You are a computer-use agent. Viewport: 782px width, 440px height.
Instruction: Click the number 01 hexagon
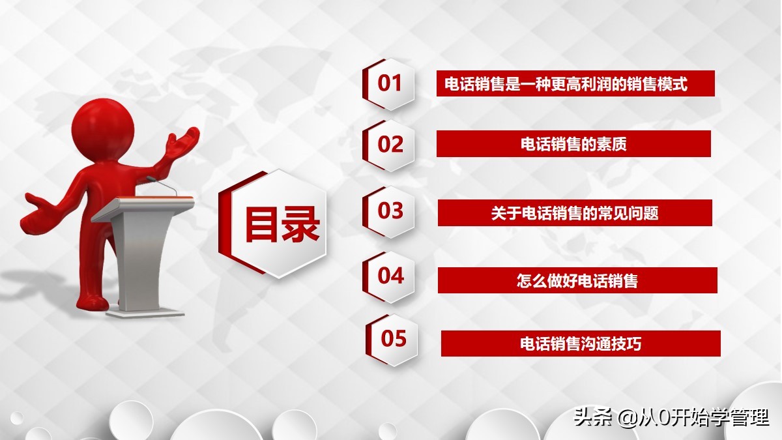coord(390,83)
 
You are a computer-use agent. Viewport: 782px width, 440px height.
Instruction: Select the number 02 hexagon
coord(390,144)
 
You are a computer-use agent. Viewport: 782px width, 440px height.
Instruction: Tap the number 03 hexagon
coord(390,211)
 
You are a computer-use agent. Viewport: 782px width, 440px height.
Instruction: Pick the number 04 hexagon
coord(390,276)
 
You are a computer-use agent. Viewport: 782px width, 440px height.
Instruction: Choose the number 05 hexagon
coord(393,339)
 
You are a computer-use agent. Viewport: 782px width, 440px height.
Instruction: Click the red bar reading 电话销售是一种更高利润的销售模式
coord(575,83)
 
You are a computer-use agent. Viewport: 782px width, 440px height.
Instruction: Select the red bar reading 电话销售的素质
coord(573,144)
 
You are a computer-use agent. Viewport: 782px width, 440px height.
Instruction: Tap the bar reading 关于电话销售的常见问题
coord(575,213)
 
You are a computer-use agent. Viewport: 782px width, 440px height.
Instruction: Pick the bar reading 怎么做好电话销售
coord(577,280)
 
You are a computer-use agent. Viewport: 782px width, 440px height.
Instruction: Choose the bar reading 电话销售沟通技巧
coord(581,344)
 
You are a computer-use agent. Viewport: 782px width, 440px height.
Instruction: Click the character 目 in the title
coord(262,224)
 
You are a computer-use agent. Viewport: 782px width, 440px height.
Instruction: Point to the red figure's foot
coord(91,302)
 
